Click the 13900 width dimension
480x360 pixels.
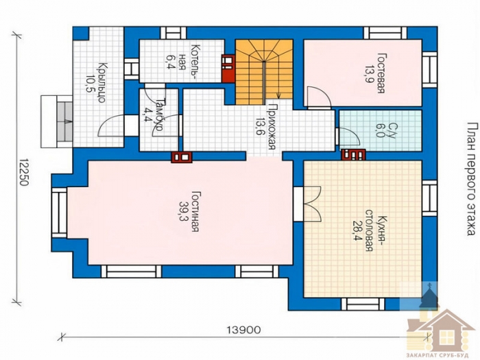pyautogui.click(x=243, y=330)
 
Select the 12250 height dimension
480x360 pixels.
pyautogui.click(x=23, y=172)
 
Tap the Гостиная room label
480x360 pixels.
pyautogui.click(x=196, y=211)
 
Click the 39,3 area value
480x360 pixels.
pyautogui.click(x=184, y=211)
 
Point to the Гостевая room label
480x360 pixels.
pyautogui.click(x=381, y=73)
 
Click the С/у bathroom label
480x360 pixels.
pyautogui.click(x=392, y=131)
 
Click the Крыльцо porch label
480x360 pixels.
pyautogui.click(x=102, y=82)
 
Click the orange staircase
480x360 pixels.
pyautogui.click(x=264, y=72)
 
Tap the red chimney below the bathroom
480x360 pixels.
pyautogui.click(x=354, y=154)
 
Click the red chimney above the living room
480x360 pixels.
pyautogui.click(x=182, y=157)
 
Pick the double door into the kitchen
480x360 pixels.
pyautogui.click(x=312, y=204)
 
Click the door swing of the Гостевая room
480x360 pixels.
pyautogui.click(x=319, y=97)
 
